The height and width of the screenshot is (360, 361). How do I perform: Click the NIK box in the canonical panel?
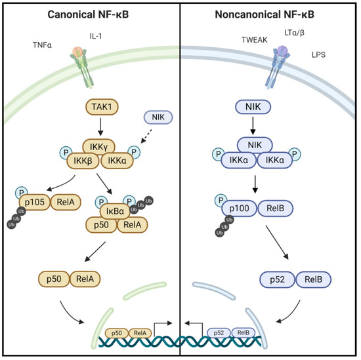pyautogui.click(x=157, y=117)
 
